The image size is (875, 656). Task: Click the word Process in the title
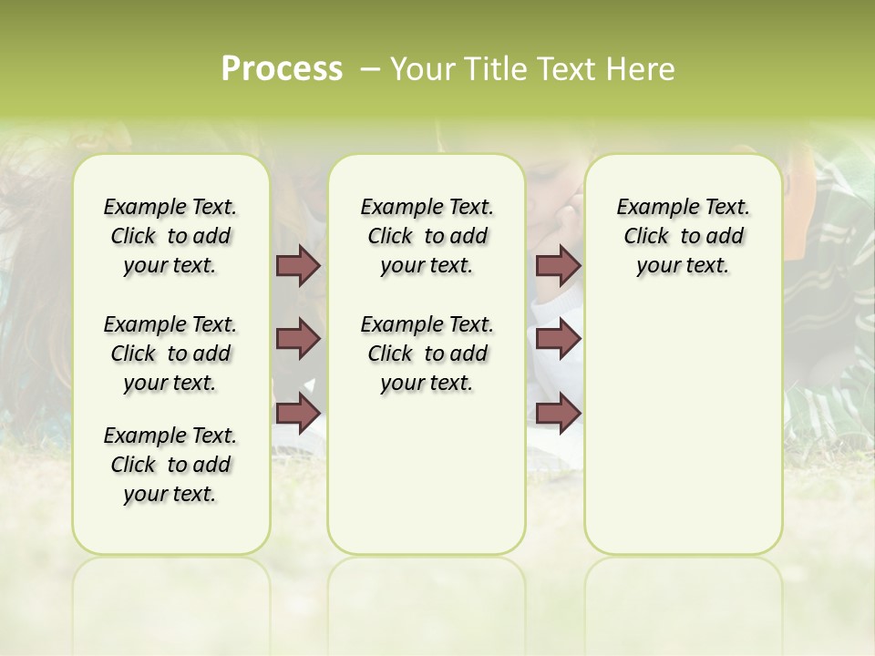tap(282, 68)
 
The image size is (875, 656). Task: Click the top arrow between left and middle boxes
tap(298, 265)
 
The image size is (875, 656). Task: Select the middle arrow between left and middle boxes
tap(298, 339)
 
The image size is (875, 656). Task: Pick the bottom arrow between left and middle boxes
tap(298, 413)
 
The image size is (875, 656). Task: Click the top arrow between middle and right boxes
tap(558, 265)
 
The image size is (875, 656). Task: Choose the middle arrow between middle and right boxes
tap(558, 339)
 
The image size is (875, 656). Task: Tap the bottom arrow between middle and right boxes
tap(558, 413)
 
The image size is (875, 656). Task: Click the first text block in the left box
tap(170, 236)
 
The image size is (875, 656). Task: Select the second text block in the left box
tap(170, 354)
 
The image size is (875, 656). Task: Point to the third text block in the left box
tap(170, 465)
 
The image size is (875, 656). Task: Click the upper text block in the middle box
tap(427, 236)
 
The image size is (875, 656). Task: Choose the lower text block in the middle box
tap(427, 354)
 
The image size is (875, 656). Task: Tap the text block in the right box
tap(683, 236)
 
